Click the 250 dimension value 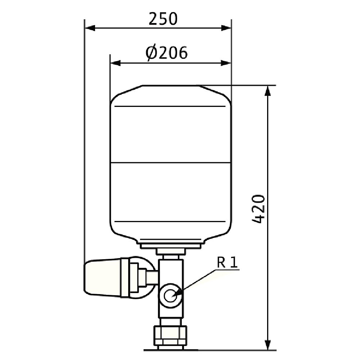tap(163, 19)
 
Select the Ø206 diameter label tap(167, 53)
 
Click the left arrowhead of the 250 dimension tap(90, 28)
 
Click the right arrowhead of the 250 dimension tap(226, 28)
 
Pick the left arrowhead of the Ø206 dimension tap(115, 63)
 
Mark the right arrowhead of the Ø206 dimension tap(226, 63)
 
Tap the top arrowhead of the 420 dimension tap(268, 90)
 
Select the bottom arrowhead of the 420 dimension tap(268, 345)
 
